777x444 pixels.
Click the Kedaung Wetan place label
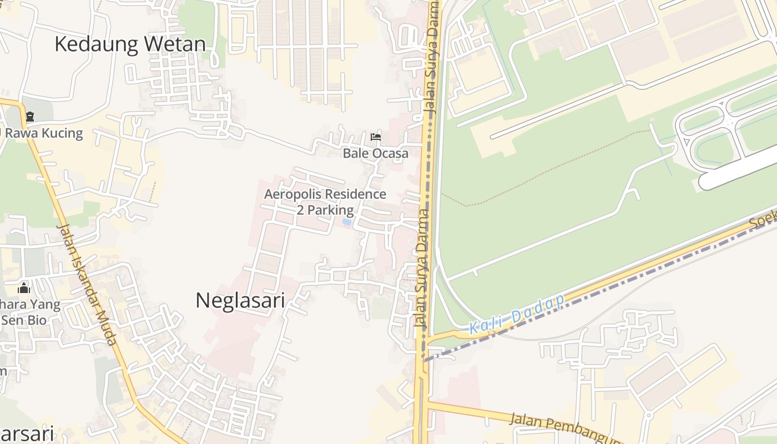[130, 44]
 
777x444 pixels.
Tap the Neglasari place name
[240, 300]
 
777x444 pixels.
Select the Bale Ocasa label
[375, 153]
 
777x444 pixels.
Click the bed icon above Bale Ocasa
[376, 137]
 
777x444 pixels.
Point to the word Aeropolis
[292, 194]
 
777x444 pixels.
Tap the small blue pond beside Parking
[347, 222]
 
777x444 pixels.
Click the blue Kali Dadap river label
[516, 314]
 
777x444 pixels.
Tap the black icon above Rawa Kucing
[29, 117]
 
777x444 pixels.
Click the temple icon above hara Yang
[24, 288]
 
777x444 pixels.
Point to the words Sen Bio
[23, 320]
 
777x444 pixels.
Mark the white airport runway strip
[738, 169]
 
